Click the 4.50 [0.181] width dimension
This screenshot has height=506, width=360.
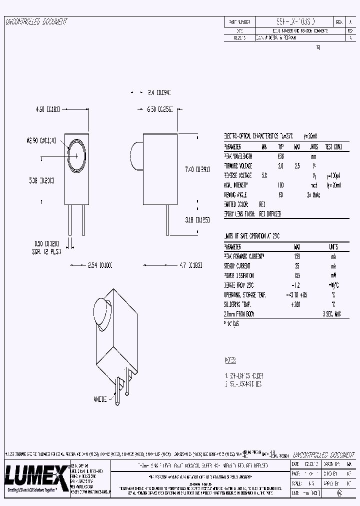coord(48,109)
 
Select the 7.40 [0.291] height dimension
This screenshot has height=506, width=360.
coord(197,169)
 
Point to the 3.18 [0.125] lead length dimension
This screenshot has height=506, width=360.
coord(197,219)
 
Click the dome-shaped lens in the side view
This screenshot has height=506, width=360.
coord(136,154)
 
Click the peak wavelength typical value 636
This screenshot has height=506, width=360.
coord(281,156)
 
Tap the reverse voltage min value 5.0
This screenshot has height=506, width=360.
coord(264,175)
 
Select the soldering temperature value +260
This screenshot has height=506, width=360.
coord(297,304)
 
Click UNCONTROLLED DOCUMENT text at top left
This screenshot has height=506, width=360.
coord(36,22)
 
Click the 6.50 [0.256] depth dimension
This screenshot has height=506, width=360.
coord(160,109)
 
